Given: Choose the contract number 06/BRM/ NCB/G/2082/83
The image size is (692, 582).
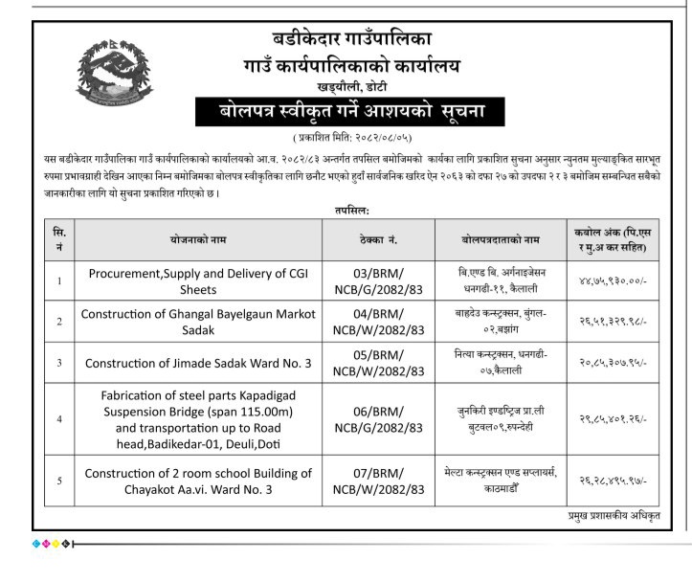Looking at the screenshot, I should (x=378, y=418).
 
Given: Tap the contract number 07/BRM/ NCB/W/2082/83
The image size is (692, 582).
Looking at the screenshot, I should (x=378, y=481).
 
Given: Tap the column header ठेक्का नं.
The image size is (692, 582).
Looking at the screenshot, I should (x=378, y=238).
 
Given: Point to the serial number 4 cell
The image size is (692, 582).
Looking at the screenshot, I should (x=59, y=418).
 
